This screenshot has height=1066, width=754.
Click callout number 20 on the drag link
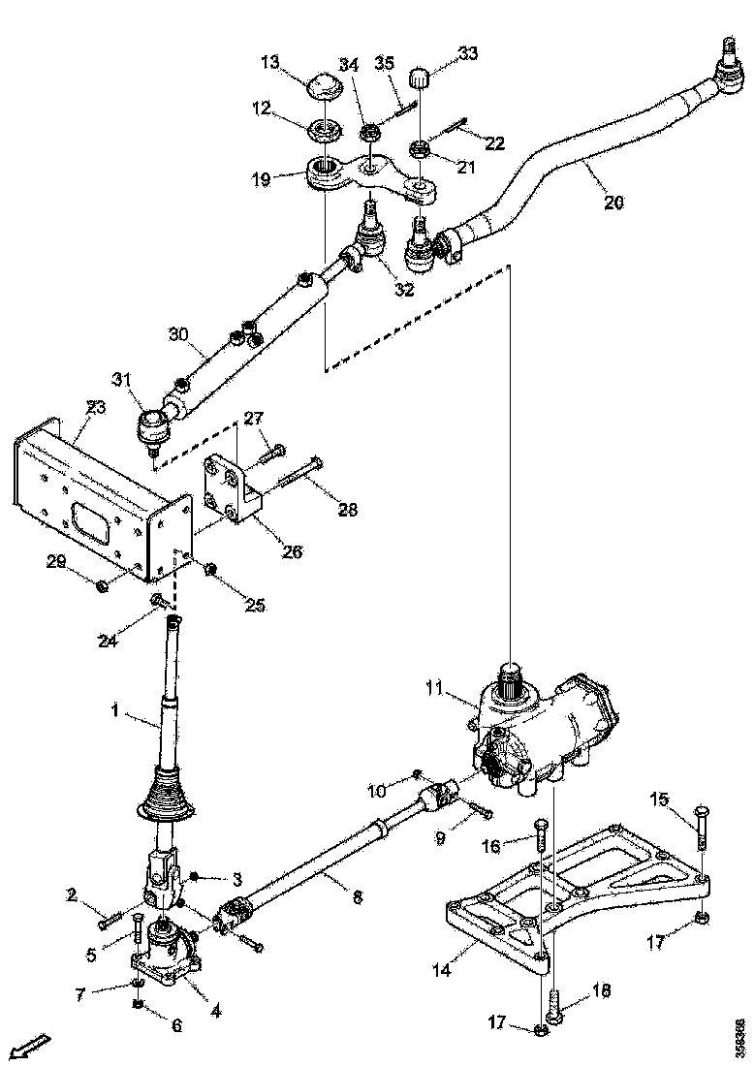coord(613,203)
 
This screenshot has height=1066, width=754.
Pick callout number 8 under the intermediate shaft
coord(358,897)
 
